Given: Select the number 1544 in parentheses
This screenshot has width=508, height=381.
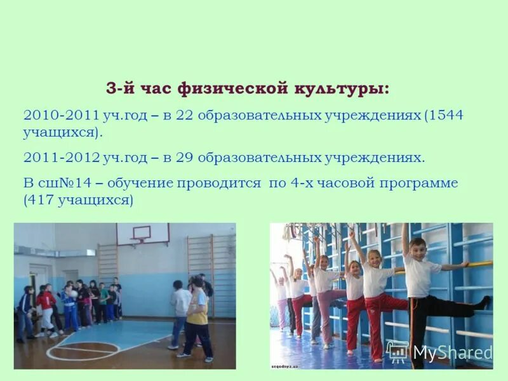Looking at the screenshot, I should click(x=446, y=116).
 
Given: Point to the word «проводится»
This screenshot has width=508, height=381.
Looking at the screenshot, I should click(x=219, y=184).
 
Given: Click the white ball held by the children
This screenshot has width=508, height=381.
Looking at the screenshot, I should click(x=72, y=294).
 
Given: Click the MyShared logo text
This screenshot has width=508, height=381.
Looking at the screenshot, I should click(x=453, y=352).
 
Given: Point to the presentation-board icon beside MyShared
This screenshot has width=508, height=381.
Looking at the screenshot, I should click(x=398, y=351).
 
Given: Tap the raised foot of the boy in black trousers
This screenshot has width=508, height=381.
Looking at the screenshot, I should click(x=484, y=302).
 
